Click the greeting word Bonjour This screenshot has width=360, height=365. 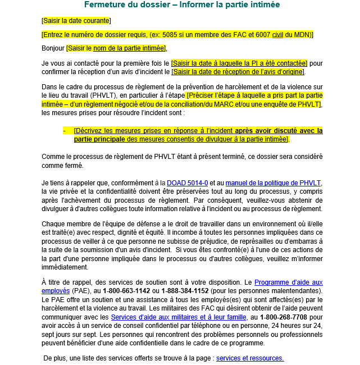click(53, 48)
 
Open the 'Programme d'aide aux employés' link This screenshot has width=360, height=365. click(288, 282)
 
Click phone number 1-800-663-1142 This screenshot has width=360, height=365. click(126, 291)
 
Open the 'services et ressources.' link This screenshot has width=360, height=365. click(250, 358)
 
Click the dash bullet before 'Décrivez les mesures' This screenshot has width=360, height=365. click(65, 130)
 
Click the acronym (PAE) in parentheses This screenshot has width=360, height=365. click(78, 291)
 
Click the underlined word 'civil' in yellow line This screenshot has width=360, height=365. click(277, 35)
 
